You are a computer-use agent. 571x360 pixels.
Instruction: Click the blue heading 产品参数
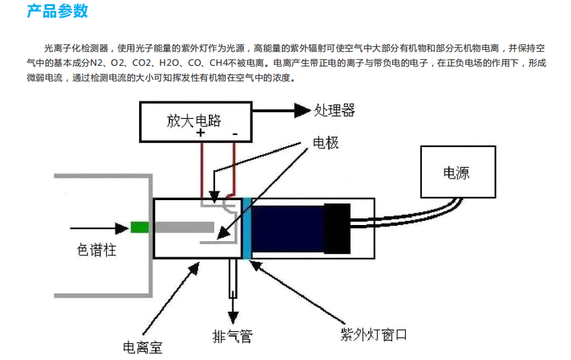pos(58,11)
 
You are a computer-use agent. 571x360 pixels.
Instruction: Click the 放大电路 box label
pos(193,120)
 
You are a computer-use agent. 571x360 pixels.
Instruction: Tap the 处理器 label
pos(335,110)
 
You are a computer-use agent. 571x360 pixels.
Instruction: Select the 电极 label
pos(326,142)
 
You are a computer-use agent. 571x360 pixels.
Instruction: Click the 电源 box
pos(458,172)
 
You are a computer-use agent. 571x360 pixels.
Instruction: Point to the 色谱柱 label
pos(97,250)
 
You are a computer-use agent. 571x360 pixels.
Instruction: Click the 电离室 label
pos(142,348)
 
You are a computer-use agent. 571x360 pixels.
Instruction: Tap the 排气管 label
pos(232,336)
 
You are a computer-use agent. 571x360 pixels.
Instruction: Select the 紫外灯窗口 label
pos(374,334)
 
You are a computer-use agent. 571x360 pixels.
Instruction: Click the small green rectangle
pos(140,228)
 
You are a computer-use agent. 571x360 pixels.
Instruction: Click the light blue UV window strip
pos(247,228)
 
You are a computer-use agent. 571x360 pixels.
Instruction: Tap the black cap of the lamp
pos(337,228)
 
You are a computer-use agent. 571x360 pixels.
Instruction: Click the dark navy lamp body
pos(288,228)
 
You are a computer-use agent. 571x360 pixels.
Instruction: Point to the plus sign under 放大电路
pos(200,133)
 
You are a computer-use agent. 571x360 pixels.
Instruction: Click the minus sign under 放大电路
pos(235,134)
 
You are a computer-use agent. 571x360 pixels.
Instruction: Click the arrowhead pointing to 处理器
pos(302,110)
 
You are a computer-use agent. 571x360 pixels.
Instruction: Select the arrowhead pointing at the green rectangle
pos(122,228)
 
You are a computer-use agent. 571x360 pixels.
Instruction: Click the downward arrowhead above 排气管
pos(233,318)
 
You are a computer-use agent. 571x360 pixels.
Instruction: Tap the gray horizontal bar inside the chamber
pos(184,227)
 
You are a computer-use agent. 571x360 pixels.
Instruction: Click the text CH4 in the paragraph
pos(218,63)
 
